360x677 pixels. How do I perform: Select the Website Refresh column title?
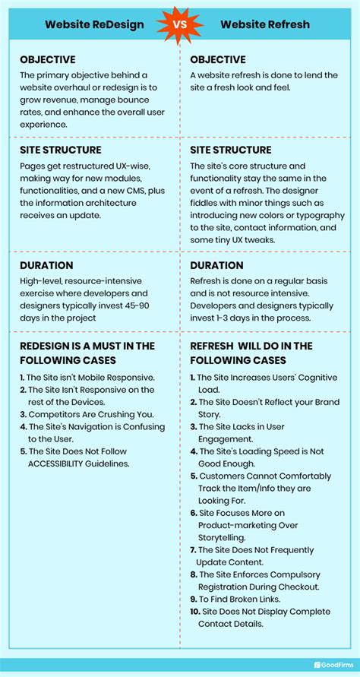point(265,24)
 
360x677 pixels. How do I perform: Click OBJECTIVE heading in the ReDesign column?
point(48,59)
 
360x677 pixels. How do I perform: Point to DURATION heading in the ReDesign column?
point(46,266)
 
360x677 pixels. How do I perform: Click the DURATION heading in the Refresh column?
point(216,266)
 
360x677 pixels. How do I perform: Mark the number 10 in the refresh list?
point(194,612)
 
